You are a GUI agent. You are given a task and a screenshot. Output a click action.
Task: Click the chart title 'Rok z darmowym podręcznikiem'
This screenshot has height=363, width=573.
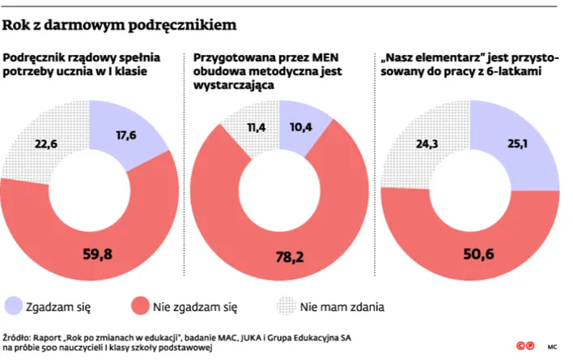120,25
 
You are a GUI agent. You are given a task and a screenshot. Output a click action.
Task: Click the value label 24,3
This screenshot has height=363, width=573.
422,146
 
